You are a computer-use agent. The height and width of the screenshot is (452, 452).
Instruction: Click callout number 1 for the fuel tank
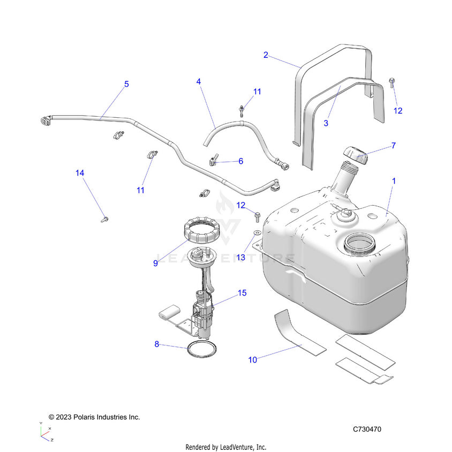[394, 182]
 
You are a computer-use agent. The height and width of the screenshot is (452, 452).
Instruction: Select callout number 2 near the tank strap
[266, 55]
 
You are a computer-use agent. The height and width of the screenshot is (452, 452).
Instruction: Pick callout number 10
[253, 360]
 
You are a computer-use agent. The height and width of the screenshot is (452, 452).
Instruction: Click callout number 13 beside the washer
[241, 258]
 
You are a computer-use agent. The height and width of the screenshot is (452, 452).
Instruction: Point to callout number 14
[80, 173]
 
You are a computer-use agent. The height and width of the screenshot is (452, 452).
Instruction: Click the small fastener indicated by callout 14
[104, 219]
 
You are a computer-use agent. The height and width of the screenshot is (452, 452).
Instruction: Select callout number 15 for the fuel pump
[242, 293]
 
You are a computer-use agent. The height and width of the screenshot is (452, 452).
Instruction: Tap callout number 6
[240, 161]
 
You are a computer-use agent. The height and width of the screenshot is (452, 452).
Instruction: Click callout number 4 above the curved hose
[199, 82]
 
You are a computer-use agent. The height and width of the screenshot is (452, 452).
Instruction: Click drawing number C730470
[367, 429]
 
